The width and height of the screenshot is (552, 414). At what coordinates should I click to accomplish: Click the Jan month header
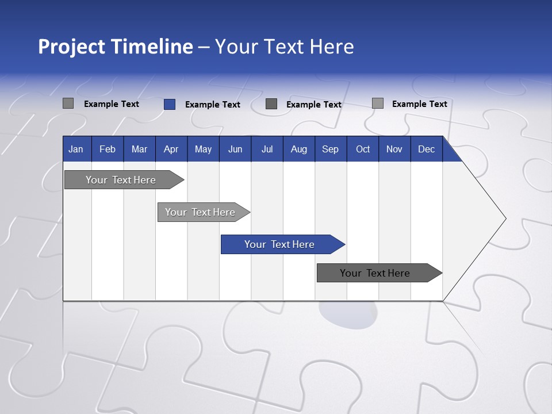(x=76, y=149)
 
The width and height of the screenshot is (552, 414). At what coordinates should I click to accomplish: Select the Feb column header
(x=108, y=149)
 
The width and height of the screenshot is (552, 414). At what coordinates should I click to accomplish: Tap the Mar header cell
(x=139, y=149)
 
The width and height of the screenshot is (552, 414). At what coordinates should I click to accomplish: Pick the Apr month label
(x=171, y=149)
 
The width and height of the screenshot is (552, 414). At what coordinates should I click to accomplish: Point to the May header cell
(x=203, y=149)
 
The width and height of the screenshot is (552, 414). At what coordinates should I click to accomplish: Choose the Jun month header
(x=235, y=149)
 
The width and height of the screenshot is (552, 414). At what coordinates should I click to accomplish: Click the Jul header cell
(x=267, y=149)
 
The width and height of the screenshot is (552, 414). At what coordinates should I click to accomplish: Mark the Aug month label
(x=299, y=149)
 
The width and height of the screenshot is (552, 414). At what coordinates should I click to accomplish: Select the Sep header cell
(x=331, y=149)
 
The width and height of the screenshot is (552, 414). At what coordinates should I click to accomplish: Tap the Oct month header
(x=363, y=149)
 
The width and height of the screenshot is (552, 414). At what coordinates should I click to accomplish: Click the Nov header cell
(x=394, y=149)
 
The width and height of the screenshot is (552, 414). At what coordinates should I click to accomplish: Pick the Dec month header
(x=427, y=149)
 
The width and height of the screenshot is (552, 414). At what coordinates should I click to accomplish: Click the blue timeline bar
(x=279, y=244)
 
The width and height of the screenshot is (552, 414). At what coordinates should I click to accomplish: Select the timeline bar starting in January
(x=121, y=180)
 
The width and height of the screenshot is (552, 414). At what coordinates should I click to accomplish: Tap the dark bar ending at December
(x=375, y=273)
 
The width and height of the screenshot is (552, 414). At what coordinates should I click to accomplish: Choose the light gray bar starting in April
(x=200, y=212)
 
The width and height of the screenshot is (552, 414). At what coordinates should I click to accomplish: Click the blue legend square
(x=170, y=104)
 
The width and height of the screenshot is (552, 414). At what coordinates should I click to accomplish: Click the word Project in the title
(x=71, y=47)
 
